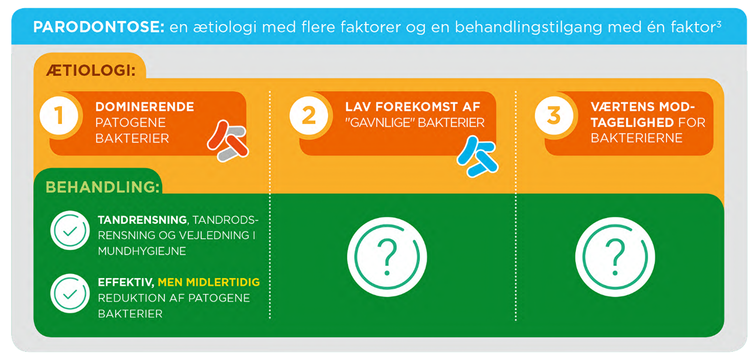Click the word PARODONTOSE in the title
pos(99,27)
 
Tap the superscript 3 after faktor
pos(719,24)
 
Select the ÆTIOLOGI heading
pos(91,70)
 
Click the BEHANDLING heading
pos(102,187)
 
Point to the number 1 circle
pos(59,116)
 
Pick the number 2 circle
pos(309,116)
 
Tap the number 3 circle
pos(554,116)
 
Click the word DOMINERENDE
pos(145,107)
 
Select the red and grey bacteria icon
pos(228,141)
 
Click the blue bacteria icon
pos(477,156)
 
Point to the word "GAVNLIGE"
pos(379,123)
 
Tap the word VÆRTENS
pos(618,107)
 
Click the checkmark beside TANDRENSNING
pos(70,231)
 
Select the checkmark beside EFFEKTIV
pos(70,294)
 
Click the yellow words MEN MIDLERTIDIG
pos(209,282)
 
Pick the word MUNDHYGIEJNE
pos(142,251)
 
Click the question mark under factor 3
pos(615,257)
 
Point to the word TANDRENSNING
pos(143,220)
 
